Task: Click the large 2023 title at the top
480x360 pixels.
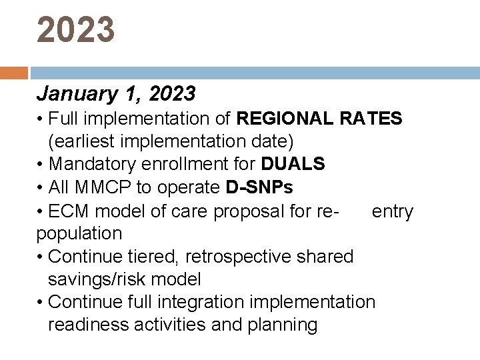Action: (x=76, y=30)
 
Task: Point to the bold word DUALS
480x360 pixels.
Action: (x=293, y=164)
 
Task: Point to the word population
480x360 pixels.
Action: (x=79, y=234)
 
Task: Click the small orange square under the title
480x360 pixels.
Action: (x=14, y=73)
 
